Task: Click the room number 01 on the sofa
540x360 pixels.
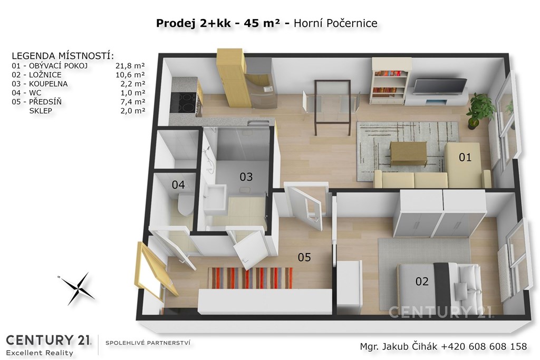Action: [x=465, y=157]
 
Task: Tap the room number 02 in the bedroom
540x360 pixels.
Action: [x=422, y=281]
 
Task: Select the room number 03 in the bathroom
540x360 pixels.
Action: [x=246, y=177]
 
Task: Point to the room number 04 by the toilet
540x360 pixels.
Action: [x=178, y=185]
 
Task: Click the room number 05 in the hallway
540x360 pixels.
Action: [x=304, y=257]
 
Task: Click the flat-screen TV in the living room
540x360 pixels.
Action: [x=440, y=87]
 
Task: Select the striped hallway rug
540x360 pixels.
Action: [x=250, y=278]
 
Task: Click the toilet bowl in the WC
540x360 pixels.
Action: [x=185, y=205]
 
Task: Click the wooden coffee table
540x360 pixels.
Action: [x=409, y=153]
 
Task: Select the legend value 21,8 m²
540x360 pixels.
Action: [x=130, y=66]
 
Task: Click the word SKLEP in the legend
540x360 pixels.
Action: [x=41, y=111]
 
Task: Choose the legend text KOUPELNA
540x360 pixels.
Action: [x=48, y=84]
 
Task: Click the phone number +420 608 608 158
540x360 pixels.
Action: [x=484, y=346]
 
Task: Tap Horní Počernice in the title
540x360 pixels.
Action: [x=335, y=23]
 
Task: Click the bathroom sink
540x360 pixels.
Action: [x=214, y=197]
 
